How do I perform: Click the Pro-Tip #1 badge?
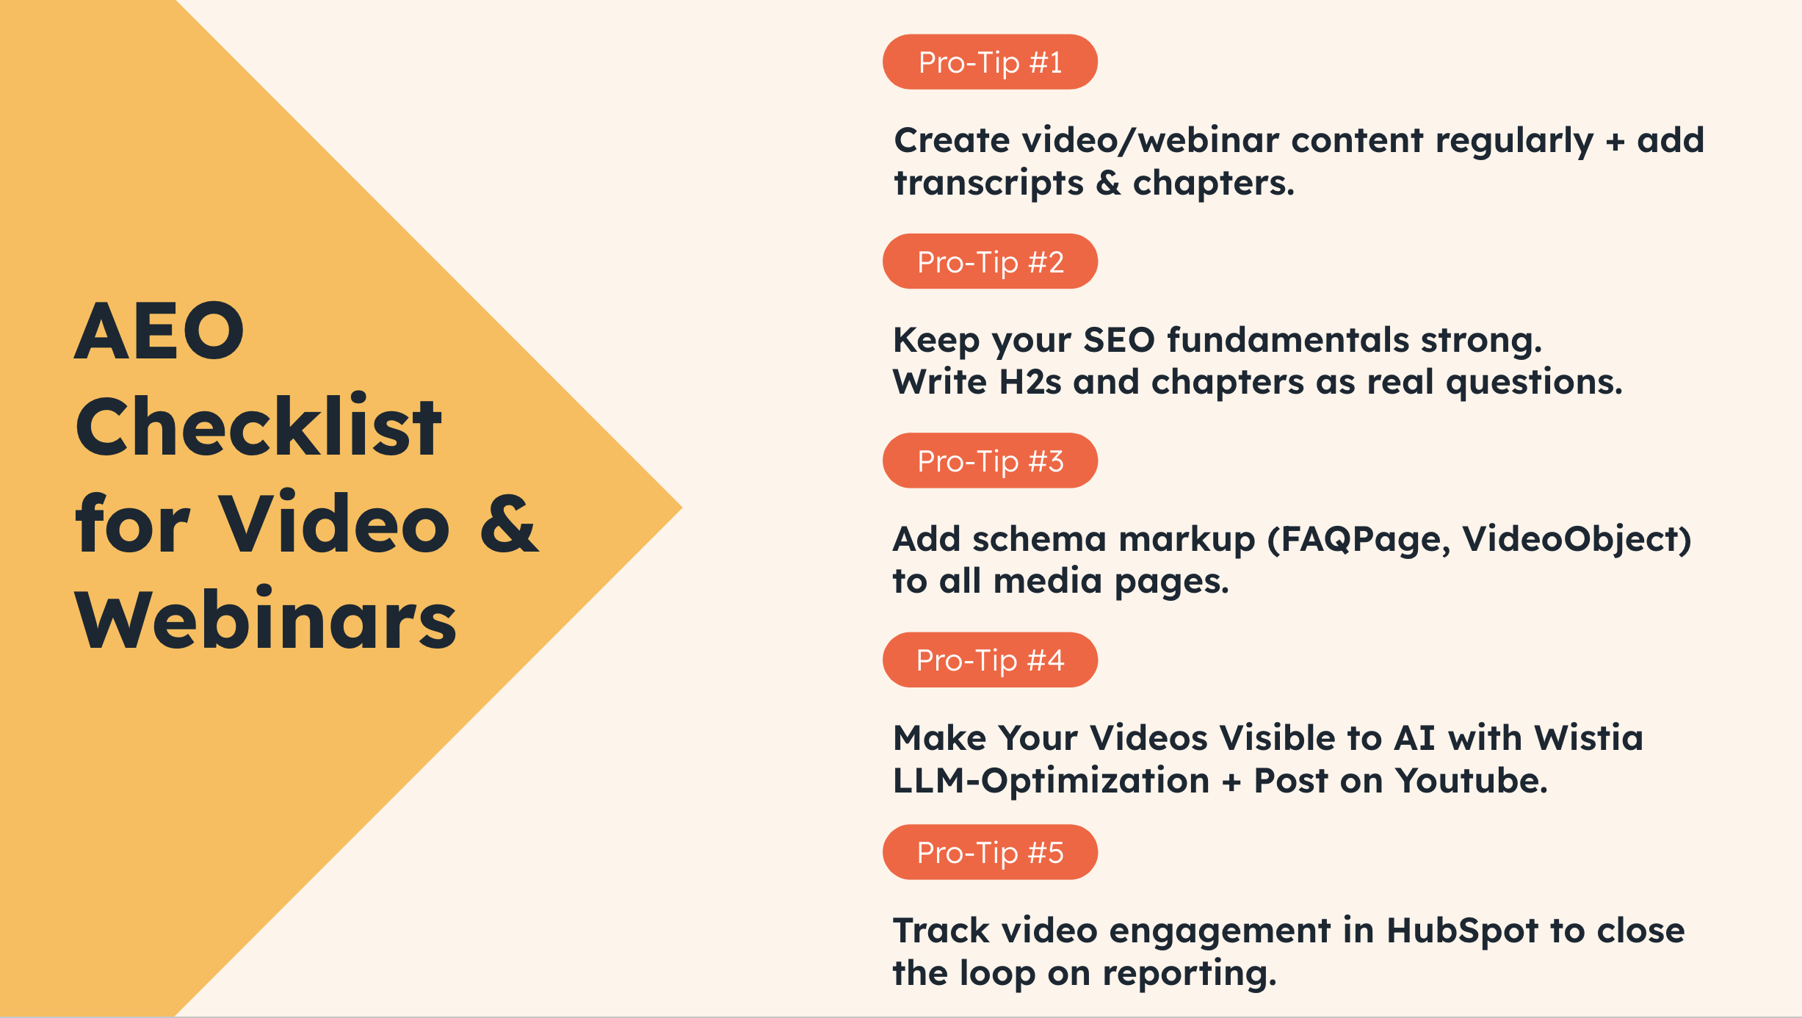tap(990, 62)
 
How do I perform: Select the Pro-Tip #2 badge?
tap(990, 261)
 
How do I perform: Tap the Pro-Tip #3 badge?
tap(990, 461)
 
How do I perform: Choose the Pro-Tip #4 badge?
tap(990, 660)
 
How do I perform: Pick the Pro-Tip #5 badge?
tap(990, 852)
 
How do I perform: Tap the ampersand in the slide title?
tap(509, 523)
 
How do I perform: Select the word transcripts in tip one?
tap(988, 182)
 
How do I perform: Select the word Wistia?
tap(1588, 737)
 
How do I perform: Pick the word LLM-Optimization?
tap(1051, 781)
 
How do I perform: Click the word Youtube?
tap(1472, 780)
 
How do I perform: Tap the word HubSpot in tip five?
tap(1462, 931)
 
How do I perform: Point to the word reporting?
tap(1190, 975)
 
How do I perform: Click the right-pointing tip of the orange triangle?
tap(682, 507)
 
